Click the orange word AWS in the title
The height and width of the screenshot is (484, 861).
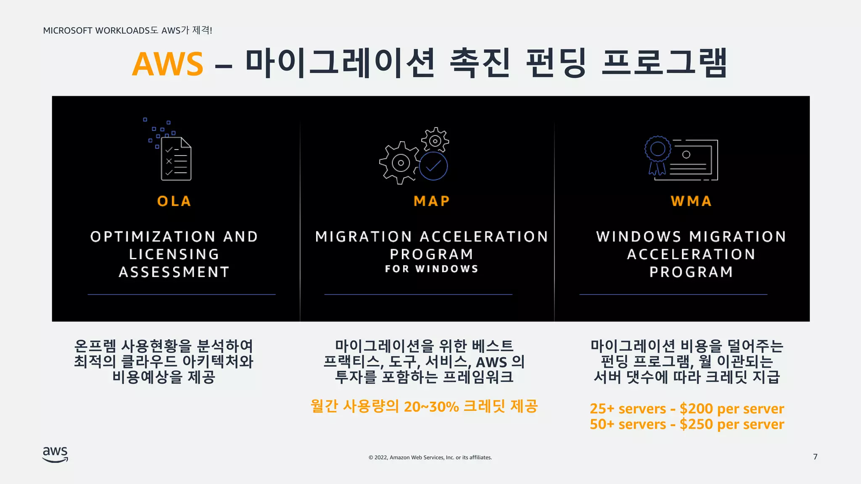[x=167, y=64]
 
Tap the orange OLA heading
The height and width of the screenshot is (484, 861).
[x=174, y=201]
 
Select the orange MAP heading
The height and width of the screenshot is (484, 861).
[x=432, y=201]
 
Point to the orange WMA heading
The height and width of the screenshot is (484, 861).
[x=691, y=201]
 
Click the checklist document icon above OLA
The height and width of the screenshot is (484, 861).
[x=176, y=159]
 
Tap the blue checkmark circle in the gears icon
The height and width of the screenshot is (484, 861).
[x=433, y=166]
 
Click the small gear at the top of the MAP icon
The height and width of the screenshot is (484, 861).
[x=435, y=140]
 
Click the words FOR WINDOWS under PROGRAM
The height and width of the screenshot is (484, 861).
[x=432, y=269]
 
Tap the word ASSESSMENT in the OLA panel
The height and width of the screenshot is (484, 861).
[x=174, y=272]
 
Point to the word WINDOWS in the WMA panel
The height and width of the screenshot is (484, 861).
[x=638, y=237]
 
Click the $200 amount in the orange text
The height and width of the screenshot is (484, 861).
[x=696, y=408]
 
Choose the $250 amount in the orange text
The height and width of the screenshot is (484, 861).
[x=696, y=424]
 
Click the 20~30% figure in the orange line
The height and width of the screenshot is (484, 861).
[x=431, y=407]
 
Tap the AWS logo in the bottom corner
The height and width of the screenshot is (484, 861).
[x=55, y=454]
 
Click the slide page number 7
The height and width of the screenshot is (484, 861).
[x=815, y=457]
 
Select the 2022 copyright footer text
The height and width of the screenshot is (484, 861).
[x=430, y=458]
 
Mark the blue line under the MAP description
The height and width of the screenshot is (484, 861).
[x=418, y=295]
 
